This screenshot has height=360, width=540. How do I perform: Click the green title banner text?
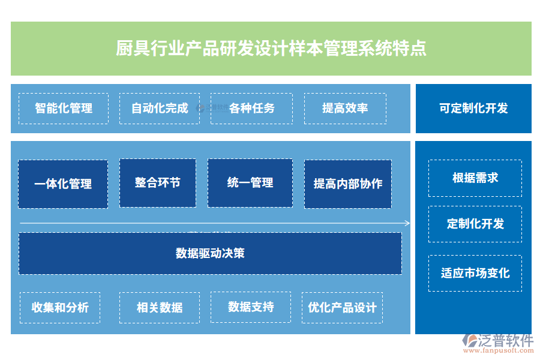point(271,49)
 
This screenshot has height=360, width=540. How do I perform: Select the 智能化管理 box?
point(64,109)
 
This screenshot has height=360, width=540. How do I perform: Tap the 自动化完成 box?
point(160,109)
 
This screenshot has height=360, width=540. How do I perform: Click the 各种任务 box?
point(251,109)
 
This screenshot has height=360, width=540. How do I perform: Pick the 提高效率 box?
point(345,109)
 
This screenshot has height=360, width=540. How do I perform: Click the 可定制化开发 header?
point(473,109)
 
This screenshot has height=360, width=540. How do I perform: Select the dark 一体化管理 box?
point(63,184)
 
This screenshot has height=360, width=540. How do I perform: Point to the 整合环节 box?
point(157,183)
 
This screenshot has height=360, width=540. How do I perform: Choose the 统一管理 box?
point(250,183)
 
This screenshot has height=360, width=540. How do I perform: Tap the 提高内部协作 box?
point(348,184)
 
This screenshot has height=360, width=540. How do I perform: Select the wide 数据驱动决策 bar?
point(210,253)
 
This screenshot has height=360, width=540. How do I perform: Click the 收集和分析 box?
point(60,308)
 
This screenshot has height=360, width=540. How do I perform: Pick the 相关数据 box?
point(160,308)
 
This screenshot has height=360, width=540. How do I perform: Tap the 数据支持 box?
point(251,307)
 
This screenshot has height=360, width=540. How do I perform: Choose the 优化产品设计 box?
point(342,308)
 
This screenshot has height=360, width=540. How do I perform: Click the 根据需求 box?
point(475,178)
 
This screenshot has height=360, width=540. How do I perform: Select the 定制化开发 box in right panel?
point(475,224)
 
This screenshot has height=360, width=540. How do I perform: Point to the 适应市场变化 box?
point(475,274)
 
